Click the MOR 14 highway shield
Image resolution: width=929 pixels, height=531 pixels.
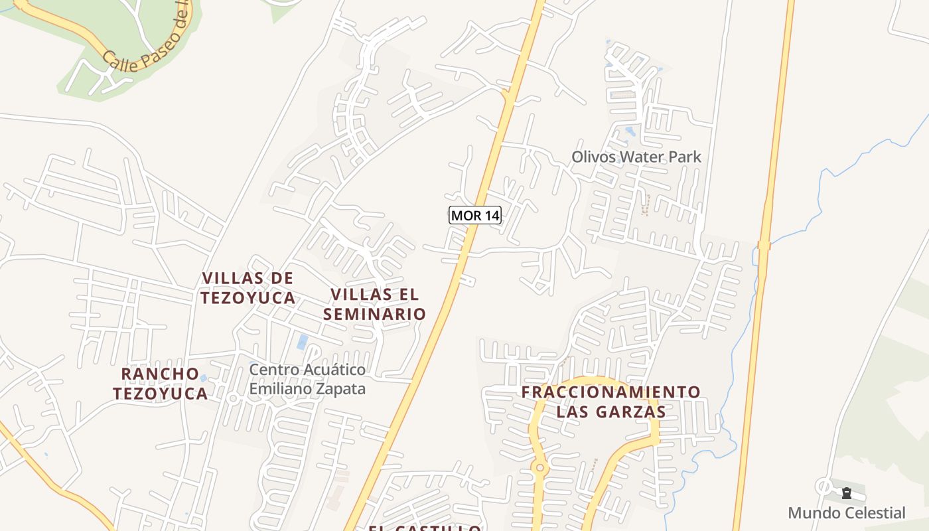tap(474, 215)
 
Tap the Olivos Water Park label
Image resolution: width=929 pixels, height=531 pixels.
tap(636, 157)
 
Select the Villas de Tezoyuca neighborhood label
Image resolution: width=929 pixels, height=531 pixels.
tap(248, 287)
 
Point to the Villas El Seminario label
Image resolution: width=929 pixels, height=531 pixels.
tap(374, 304)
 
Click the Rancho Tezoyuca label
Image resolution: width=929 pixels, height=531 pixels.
tap(160, 383)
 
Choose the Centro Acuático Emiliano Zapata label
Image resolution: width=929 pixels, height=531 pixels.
tap(307, 379)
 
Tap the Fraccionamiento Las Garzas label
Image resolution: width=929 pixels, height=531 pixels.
tap(610, 402)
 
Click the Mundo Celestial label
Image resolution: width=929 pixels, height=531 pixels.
tap(846, 512)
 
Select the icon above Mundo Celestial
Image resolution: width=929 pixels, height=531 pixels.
tap(846, 493)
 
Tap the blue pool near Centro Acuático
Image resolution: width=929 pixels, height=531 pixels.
tap(303, 342)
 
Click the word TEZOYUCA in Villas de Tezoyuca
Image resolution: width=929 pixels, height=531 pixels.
tap(248, 298)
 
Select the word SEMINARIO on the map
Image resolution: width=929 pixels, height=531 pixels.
tap(374, 314)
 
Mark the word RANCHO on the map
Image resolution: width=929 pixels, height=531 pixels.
tap(160, 373)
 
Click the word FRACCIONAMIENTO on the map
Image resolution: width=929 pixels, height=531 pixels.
tap(610, 392)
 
